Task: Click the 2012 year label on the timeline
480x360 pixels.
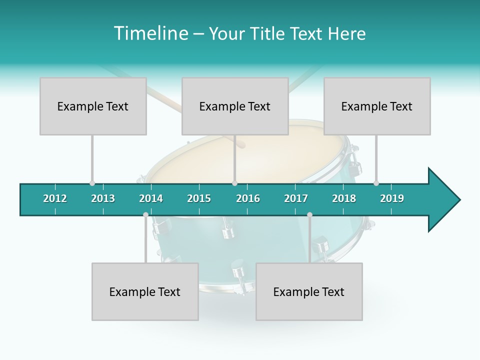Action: point(55,198)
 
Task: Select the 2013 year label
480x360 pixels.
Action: point(103,198)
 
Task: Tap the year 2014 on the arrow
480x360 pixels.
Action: point(151,198)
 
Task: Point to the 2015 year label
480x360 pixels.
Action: point(199,198)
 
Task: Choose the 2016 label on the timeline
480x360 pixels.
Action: point(248,198)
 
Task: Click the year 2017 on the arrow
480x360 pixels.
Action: point(296,198)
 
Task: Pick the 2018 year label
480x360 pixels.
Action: point(344,198)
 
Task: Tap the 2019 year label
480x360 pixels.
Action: point(392,198)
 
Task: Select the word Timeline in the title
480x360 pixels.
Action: point(150,33)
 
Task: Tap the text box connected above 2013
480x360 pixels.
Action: point(93,106)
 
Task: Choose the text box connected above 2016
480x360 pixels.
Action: point(235,106)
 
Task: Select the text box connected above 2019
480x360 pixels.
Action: point(377,106)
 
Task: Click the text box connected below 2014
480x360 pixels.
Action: point(145,291)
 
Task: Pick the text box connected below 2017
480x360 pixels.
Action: point(309,291)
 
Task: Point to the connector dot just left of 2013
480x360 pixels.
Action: point(92,183)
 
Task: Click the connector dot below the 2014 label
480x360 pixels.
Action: point(145,214)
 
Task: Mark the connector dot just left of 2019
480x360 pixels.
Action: point(376,183)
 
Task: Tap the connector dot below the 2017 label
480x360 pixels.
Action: point(309,214)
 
